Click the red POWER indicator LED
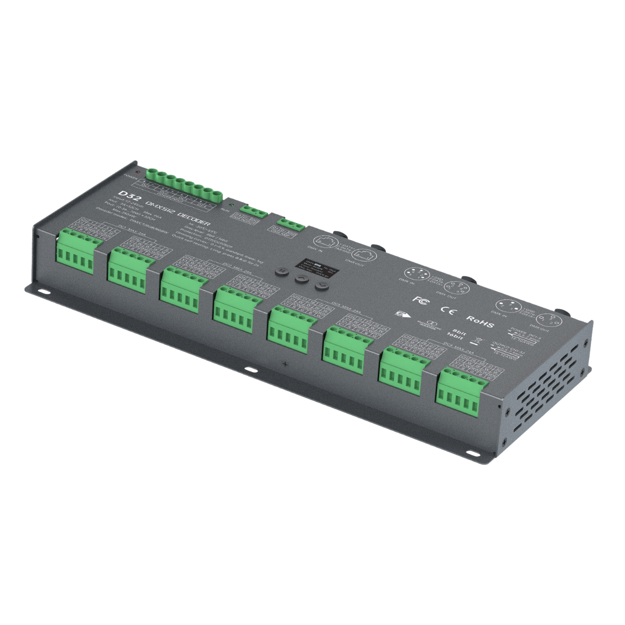(x=138, y=172)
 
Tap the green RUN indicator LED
(x=230, y=205)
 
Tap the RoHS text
(x=481, y=323)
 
